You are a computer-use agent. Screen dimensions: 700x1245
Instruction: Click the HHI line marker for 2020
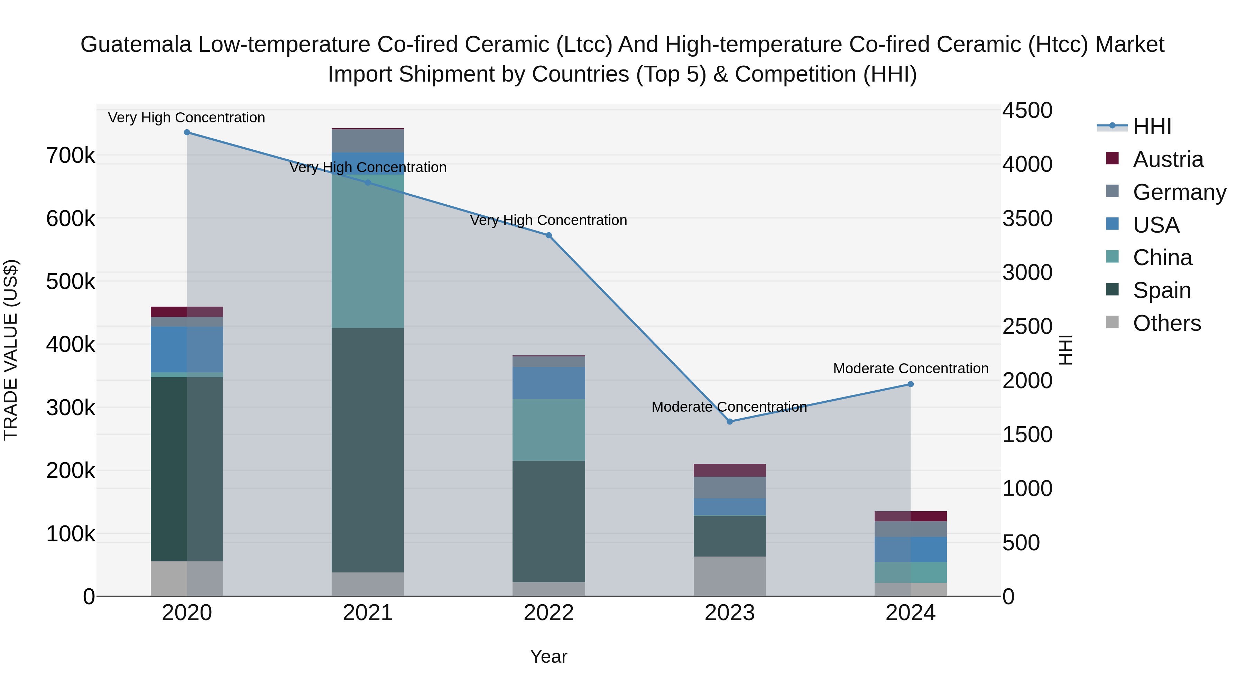pyautogui.click(x=187, y=132)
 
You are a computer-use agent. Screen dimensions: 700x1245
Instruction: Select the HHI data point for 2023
pyautogui.click(x=730, y=422)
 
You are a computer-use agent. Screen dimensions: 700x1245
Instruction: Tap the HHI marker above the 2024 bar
pyautogui.click(x=911, y=384)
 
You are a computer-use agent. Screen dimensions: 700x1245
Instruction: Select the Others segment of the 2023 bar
pyautogui.click(x=730, y=576)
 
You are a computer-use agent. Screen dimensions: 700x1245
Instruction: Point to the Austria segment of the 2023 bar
pyautogui.click(x=730, y=470)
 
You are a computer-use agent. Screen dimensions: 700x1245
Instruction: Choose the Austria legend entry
pyautogui.click(x=1168, y=159)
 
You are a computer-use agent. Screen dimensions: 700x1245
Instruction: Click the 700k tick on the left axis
pyautogui.click(x=71, y=156)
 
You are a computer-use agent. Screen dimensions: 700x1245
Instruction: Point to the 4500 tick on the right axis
pyautogui.click(x=1027, y=111)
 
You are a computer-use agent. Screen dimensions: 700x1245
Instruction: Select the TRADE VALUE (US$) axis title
pyautogui.click(x=11, y=350)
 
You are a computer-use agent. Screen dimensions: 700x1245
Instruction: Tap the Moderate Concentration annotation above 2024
pyautogui.click(x=911, y=368)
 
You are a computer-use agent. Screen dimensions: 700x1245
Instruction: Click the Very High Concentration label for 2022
pyautogui.click(x=548, y=220)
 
